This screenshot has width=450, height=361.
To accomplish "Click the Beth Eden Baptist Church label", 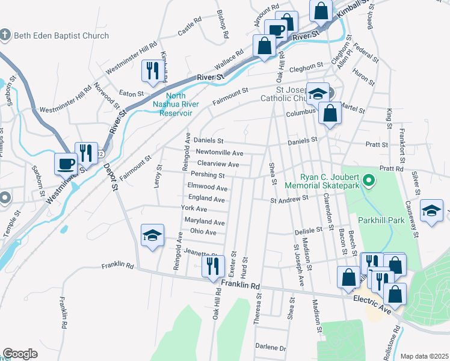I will click(x=58, y=35).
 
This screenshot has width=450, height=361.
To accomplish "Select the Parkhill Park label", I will click(x=381, y=221).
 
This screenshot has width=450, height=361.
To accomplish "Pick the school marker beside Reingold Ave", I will click(x=153, y=235).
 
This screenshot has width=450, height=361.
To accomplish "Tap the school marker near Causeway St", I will click(x=431, y=211).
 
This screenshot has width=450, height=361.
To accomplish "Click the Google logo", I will click(x=20, y=354).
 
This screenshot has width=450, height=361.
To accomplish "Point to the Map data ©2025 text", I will click(x=425, y=356).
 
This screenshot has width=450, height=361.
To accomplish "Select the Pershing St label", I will click(x=208, y=176).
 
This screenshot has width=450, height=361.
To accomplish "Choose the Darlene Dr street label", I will click(x=270, y=348).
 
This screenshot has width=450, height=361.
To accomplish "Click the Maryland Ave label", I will click(x=205, y=222).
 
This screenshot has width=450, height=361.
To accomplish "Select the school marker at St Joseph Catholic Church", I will click(x=317, y=94).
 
